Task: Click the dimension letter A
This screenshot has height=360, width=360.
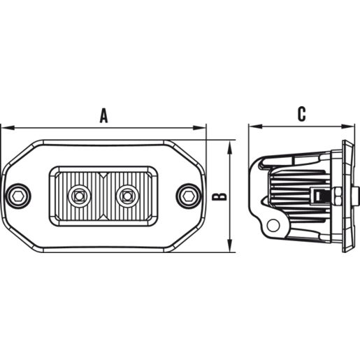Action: pyautogui.click(x=103, y=115)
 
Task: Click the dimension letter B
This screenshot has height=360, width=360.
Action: pyautogui.click(x=219, y=196)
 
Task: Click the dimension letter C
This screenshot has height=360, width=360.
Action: pyautogui.click(x=302, y=114)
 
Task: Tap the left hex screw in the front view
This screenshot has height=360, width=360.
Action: pyautogui.click(x=18, y=196)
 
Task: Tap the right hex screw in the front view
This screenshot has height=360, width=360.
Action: pyautogui.click(x=189, y=196)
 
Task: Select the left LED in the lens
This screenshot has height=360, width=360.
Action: pyautogui.click(x=80, y=196)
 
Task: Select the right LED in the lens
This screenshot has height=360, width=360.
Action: pyautogui.click(x=127, y=196)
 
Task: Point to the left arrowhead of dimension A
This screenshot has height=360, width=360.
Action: pyautogui.click(x=8, y=128)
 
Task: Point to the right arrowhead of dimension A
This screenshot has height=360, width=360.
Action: pyautogui.click(x=199, y=128)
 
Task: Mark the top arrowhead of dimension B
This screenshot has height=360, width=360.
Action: pyautogui.click(x=230, y=147)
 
